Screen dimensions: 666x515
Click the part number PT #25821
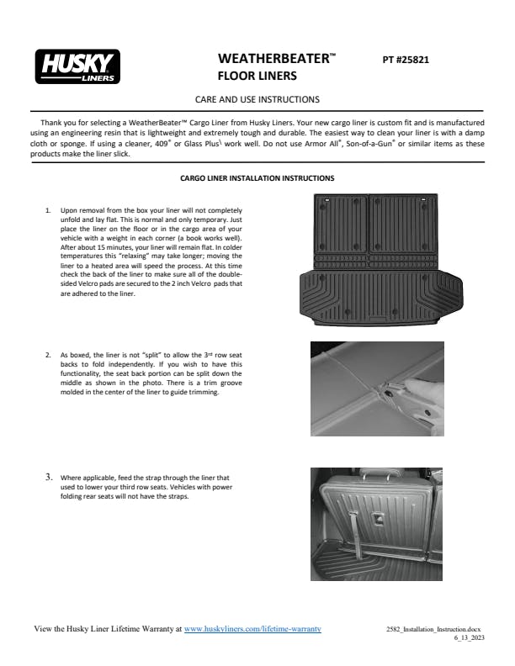point(406,61)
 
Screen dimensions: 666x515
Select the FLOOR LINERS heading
point(257,77)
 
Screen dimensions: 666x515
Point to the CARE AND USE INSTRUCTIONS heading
point(257,99)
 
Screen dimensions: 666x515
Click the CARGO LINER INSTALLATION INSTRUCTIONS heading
point(257,178)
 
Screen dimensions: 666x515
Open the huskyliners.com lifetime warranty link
point(252,628)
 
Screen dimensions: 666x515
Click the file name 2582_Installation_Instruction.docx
point(433,629)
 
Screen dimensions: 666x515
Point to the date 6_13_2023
point(469,638)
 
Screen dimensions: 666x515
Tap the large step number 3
point(49,477)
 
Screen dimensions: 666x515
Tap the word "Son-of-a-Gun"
point(375,144)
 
